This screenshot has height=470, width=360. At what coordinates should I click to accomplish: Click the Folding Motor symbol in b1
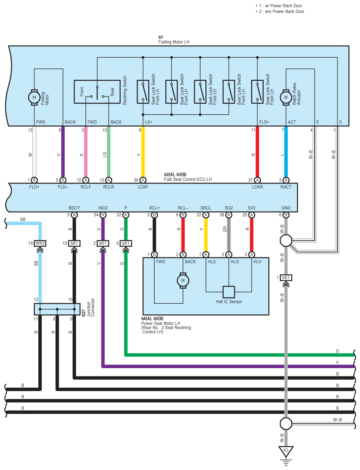click(34, 97)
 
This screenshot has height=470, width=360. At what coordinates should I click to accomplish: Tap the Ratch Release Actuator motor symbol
click(286, 97)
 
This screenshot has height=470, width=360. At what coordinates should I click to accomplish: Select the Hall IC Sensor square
click(229, 291)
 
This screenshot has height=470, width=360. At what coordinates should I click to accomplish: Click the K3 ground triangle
click(286, 451)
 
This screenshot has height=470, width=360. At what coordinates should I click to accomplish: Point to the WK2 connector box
click(40, 243)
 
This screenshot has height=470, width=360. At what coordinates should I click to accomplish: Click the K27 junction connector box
click(57, 309)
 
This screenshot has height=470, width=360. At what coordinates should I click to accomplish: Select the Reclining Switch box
click(97, 92)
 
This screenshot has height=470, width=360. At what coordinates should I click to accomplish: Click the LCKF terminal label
click(143, 187)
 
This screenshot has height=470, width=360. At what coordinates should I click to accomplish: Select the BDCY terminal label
click(74, 208)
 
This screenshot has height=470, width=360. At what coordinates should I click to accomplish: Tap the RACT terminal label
click(286, 187)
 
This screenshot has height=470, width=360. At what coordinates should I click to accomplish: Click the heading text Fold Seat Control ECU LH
click(188, 179)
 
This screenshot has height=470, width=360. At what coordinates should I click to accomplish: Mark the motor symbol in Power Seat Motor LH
click(183, 280)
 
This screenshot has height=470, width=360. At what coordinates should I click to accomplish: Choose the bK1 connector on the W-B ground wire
click(286, 278)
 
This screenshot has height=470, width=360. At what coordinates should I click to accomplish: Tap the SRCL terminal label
click(206, 208)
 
